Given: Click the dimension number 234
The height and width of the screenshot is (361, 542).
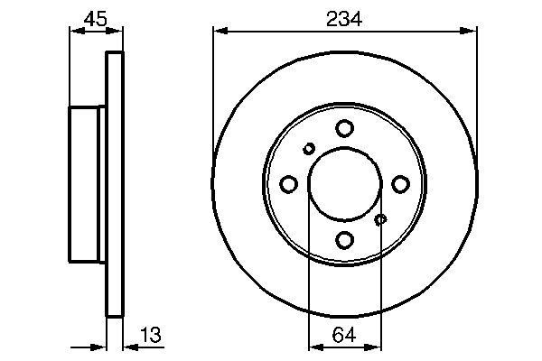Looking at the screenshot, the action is [x=344, y=19].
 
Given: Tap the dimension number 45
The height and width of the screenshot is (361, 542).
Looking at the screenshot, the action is [x=96, y=19].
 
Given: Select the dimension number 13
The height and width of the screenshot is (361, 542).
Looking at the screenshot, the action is [x=150, y=335].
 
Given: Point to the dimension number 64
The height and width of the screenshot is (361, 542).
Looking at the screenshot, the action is [x=344, y=335].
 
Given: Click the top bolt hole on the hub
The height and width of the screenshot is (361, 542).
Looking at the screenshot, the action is [x=345, y=128].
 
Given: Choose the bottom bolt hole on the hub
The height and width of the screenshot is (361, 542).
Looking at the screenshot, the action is [x=345, y=240].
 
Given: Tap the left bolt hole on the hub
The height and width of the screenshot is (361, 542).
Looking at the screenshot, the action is [x=289, y=184].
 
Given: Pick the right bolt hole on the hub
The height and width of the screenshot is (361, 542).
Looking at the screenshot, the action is [x=400, y=184].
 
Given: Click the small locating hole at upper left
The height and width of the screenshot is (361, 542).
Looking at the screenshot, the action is [x=309, y=149].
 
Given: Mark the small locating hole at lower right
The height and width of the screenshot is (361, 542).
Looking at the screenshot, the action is [x=380, y=219].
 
